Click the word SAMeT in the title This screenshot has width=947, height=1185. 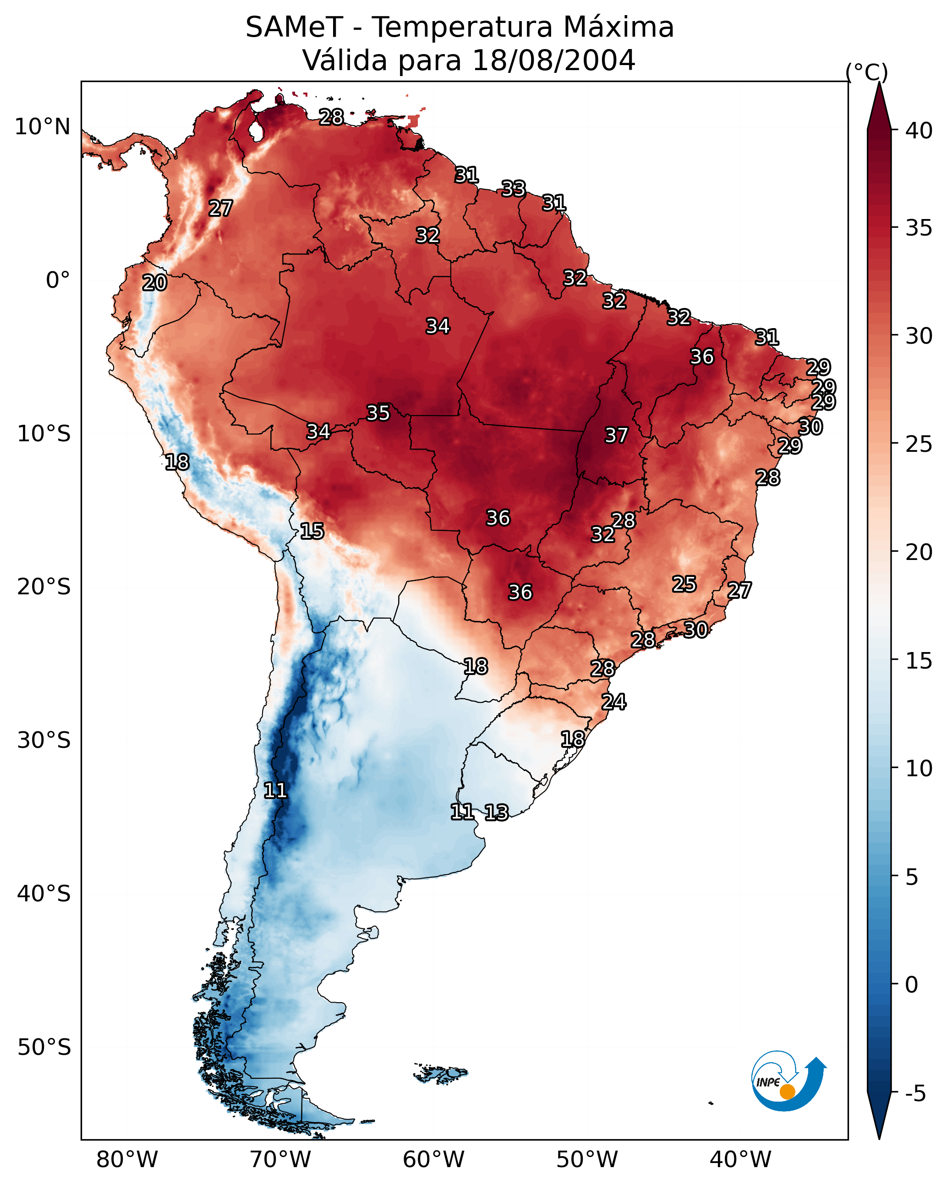[x=294, y=27]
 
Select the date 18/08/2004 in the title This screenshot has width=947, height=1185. [x=553, y=60]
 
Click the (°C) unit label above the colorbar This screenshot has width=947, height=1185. [x=866, y=72]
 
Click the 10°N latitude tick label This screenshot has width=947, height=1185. [x=42, y=127]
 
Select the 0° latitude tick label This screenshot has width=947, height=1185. [x=58, y=280]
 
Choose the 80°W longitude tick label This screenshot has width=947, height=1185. [x=127, y=1160]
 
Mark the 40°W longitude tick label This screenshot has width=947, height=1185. [x=740, y=1160]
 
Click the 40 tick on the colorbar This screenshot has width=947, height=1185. [x=919, y=131]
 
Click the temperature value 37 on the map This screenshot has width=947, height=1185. [x=616, y=435]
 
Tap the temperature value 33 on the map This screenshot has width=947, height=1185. [x=513, y=188]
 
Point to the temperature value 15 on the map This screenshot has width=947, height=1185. [x=312, y=531]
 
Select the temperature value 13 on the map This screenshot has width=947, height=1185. [x=496, y=812]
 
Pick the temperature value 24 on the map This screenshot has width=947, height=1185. [x=613, y=702]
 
